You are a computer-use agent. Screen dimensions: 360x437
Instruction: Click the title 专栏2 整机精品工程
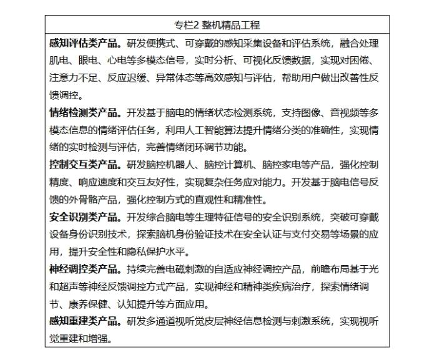[x=218, y=25]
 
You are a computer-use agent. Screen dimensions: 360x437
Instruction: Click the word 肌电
[x=59, y=61]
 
